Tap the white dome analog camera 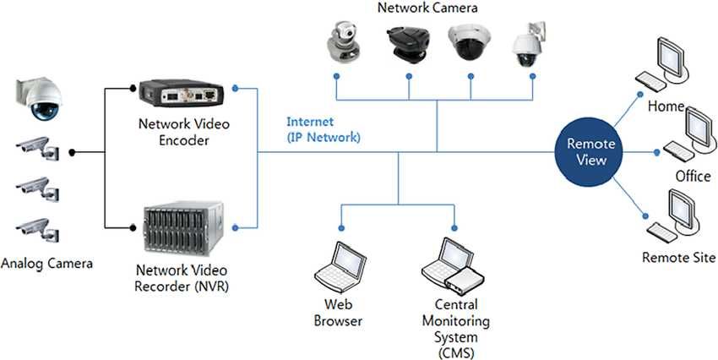39,98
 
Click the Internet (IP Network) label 324,129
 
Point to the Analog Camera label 47,264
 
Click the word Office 693,177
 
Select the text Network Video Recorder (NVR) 182,280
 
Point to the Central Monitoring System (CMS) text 456,329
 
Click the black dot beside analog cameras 73,152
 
